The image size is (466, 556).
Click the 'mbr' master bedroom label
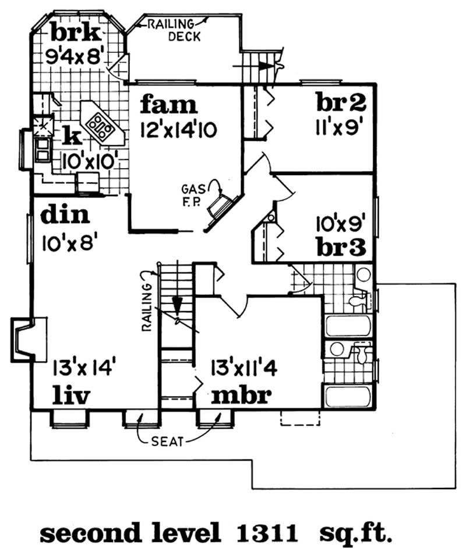[241, 395]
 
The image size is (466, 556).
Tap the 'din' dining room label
[65, 216]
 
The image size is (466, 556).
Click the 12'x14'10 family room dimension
[178, 130]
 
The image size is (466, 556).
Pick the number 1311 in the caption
[270, 532]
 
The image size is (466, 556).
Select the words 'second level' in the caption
[130, 532]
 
